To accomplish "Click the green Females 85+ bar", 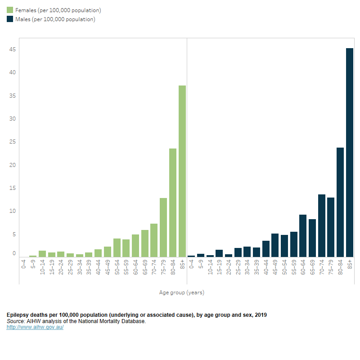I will coord(182,171).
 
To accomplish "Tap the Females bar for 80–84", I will coord(173,202).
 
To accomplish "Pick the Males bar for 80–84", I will coord(340,202).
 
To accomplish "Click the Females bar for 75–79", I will coord(163,227).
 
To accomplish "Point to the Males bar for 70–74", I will coord(322,225).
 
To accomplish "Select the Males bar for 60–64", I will coord(303,235).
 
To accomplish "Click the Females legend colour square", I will coord(10,10).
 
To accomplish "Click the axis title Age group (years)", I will coord(182,292).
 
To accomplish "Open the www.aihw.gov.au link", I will coord(35,327).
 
